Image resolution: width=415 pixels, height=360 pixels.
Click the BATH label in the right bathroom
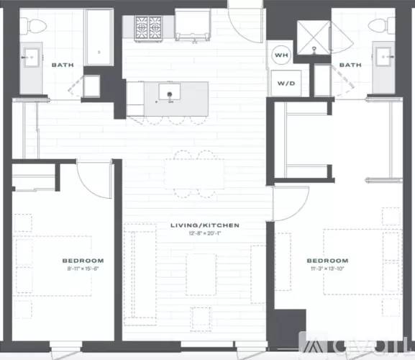[x=350, y=65]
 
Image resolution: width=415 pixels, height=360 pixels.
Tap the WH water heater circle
[x=282, y=55]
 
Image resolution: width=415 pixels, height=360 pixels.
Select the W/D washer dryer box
[x=286, y=83]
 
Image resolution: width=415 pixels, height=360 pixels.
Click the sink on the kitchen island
[x=171, y=94]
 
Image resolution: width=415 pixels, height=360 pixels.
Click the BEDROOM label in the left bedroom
[x=83, y=260]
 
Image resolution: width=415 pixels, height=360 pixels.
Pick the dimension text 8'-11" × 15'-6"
[x=83, y=268]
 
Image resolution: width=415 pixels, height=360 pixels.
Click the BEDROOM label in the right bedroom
[x=327, y=260]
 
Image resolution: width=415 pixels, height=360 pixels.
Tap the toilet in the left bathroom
[x=31, y=25]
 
